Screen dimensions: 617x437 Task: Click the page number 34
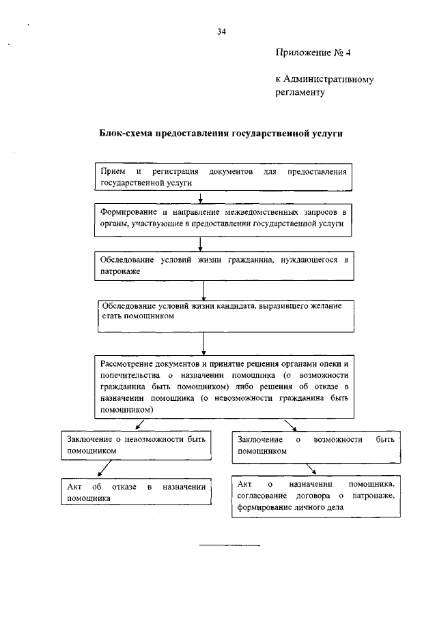coord(221,31)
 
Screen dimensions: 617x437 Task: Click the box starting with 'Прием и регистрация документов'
coord(223,177)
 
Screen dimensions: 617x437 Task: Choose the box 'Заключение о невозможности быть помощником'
coord(135,445)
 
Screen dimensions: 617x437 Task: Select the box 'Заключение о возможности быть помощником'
coord(316,445)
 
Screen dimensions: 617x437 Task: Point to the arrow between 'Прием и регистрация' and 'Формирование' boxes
coord(200,198)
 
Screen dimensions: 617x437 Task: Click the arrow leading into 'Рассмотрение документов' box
coord(206,344)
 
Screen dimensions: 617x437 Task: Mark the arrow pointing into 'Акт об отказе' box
coord(104,470)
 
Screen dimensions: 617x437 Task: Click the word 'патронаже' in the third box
coord(120,271)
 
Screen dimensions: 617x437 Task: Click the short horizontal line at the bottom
coord(229,546)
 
